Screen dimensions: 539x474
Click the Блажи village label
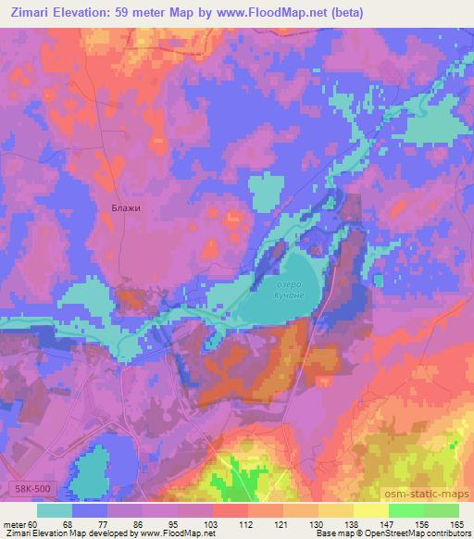coord(125,207)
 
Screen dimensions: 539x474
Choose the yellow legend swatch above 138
coord(336,510)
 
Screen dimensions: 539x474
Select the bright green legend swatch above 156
coord(406,510)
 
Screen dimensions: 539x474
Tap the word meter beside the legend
coord(16,523)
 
